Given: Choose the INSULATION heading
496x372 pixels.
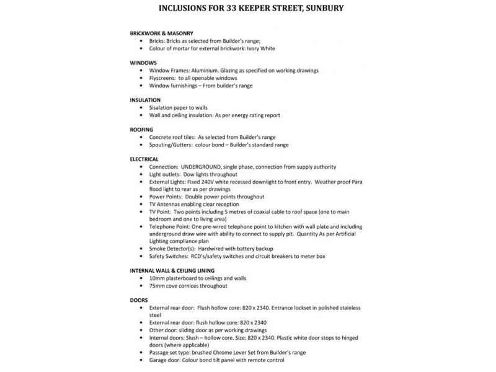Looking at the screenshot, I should tap(146, 99).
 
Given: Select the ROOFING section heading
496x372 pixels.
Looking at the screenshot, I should tap(143, 129).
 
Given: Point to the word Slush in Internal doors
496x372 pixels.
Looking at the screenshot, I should tap(200, 339).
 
